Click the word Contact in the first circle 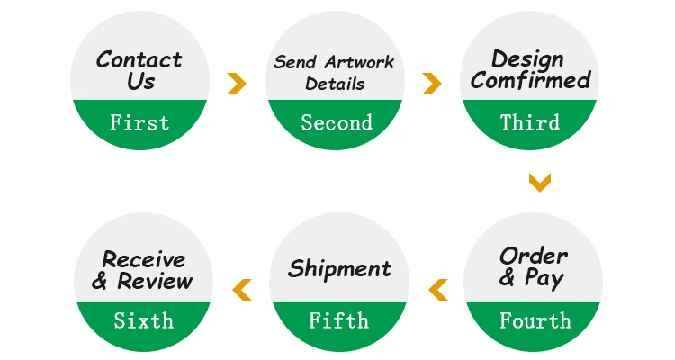click(139, 60)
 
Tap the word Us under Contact click(140, 82)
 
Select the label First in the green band click(139, 122)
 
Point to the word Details click(335, 85)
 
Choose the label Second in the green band click(337, 122)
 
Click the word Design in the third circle click(529, 59)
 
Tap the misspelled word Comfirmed click(531, 81)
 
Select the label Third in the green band click(530, 122)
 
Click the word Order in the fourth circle click(534, 256)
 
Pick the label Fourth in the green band click(535, 320)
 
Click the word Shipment click(339, 268)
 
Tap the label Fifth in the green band click(338, 320)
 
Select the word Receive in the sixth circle click(144, 259)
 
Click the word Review click(155, 281)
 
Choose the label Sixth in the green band click(143, 320)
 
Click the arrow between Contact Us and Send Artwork click(237, 84)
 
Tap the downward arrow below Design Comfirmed click(539, 184)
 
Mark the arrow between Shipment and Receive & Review click(241, 289)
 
